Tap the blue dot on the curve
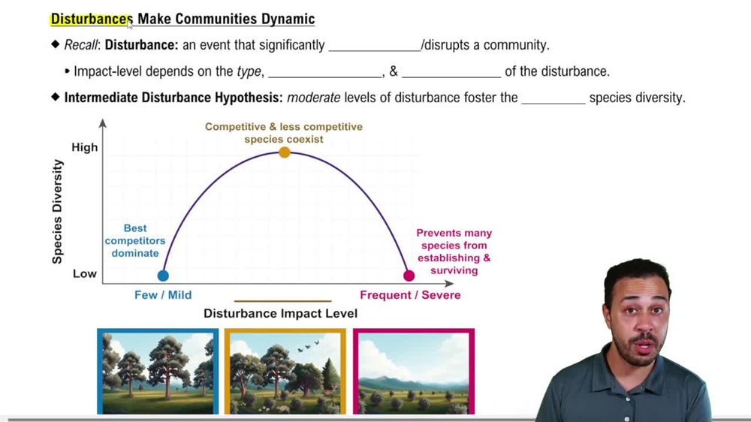[x=163, y=276]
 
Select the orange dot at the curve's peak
[x=285, y=152]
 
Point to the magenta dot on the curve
[x=409, y=276]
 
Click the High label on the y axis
[x=85, y=147]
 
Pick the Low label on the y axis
[x=85, y=273]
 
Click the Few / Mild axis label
[x=163, y=295]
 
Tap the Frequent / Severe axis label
[x=410, y=295]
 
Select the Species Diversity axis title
[x=58, y=211]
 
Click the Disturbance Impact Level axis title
[x=281, y=313]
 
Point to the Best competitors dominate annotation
[x=136, y=240]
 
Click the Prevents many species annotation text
[x=454, y=252]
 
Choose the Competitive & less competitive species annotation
[x=284, y=132]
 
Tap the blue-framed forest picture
[x=158, y=371]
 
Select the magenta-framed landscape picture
[x=414, y=371]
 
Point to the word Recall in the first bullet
[x=80, y=45]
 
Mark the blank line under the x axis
[x=283, y=300]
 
